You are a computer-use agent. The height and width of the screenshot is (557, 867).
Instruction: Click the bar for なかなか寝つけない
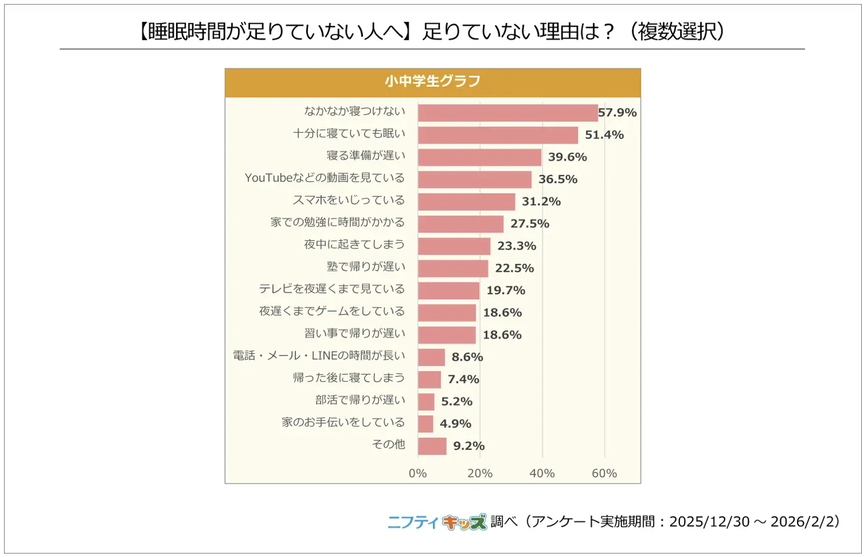click(508, 113)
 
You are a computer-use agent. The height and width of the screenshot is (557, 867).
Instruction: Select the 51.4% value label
click(604, 135)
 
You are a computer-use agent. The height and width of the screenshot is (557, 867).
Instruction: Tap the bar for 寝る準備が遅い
click(479, 157)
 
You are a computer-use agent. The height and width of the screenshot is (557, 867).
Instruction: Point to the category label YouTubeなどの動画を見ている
click(324, 178)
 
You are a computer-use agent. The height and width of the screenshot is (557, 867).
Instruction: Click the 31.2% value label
click(541, 201)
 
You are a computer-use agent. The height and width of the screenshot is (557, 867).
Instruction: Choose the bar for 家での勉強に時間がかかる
click(460, 224)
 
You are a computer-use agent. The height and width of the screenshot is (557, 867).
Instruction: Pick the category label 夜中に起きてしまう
click(354, 244)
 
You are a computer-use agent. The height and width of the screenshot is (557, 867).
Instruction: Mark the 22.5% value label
click(514, 268)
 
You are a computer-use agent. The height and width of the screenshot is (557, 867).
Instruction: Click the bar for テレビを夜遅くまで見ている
click(449, 291)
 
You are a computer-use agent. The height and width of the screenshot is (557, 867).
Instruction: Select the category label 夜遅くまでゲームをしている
click(332, 311)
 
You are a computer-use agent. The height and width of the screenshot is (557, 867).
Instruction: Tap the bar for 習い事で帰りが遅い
click(447, 335)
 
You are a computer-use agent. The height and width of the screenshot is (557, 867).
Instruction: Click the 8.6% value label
click(466, 357)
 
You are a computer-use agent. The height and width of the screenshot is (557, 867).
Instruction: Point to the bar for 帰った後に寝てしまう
click(429, 379)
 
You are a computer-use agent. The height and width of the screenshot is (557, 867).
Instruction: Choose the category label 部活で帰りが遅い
click(360, 400)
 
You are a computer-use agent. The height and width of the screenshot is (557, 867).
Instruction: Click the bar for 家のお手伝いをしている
click(425, 424)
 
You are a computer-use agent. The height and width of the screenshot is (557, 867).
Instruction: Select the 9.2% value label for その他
click(468, 446)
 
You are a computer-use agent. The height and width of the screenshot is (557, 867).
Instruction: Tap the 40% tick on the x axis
click(542, 473)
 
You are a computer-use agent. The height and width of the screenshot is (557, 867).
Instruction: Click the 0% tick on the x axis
click(417, 473)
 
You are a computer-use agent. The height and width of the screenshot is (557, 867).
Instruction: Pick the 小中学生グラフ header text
click(432, 82)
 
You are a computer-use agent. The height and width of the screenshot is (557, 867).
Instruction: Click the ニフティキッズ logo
click(437, 522)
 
